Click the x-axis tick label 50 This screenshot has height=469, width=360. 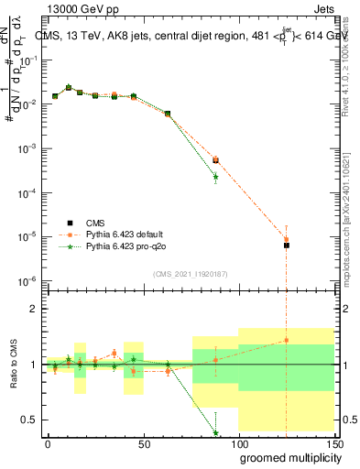click(x=143, y=443)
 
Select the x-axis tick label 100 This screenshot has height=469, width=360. click(x=238, y=443)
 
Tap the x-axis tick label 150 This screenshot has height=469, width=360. click(x=333, y=443)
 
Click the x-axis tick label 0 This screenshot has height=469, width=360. click(x=48, y=443)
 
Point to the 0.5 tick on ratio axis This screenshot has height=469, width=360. click(x=29, y=420)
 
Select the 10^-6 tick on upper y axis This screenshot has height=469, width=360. click(x=29, y=280)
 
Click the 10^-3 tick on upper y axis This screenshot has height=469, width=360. click(x=29, y=148)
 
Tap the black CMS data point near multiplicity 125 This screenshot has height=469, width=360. click(x=287, y=245)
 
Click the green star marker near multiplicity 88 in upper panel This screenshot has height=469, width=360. click(x=215, y=176)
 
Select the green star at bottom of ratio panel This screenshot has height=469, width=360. click(x=215, y=432)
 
